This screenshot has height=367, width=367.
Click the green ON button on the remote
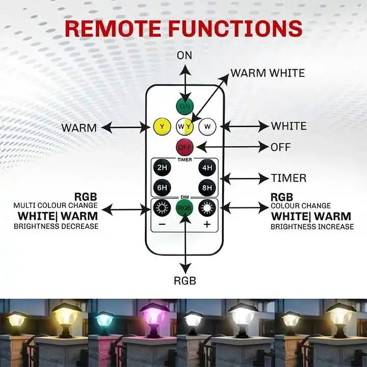(x=185, y=106)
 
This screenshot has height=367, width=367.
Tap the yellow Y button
(x=162, y=126)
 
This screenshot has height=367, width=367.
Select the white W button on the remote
(x=207, y=126)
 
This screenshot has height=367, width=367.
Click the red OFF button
(x=185, y=147)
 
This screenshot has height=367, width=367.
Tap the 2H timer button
(x=162, y=167)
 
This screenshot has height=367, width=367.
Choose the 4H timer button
(x=207, y=167)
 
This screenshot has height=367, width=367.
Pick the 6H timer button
(x=162, y=188)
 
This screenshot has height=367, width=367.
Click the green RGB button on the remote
(x=185, y=208)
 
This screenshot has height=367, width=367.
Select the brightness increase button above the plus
(x=207, y=208)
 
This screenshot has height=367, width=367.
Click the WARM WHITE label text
(x=267, y=73)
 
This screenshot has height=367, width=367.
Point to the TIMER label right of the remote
(x=289, y=178)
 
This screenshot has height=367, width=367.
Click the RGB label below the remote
(x=185, y=280)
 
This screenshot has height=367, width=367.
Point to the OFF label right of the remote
(x=280, y=147)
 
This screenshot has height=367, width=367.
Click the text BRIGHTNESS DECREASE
(x=57, y=226)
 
